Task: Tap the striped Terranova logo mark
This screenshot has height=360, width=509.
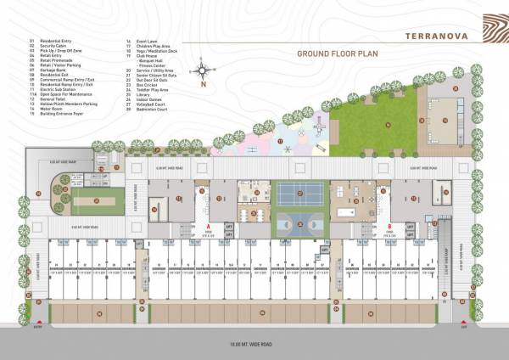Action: [x=489, y=30]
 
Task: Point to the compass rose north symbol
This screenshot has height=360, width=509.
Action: [x=203, y=70]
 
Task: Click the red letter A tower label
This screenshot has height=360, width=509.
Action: [x=208, y=226]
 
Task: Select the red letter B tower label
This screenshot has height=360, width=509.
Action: [x=388, y=227]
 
